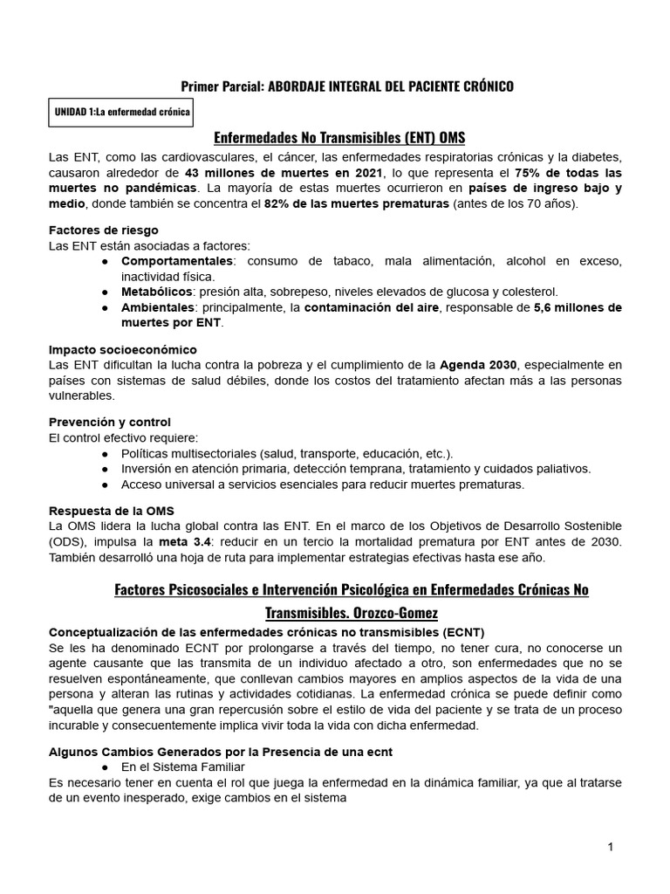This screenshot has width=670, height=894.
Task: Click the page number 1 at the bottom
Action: [612, 847]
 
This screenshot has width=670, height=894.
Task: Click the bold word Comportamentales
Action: [176, 261]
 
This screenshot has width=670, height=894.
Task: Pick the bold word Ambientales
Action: [156, 307]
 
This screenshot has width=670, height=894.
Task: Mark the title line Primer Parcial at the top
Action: [346, 86]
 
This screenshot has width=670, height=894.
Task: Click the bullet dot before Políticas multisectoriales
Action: [105, 453]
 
